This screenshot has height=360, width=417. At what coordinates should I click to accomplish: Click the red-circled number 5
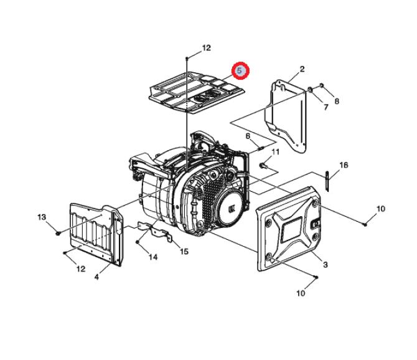[240, 71]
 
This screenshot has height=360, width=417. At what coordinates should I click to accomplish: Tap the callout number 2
[302, 69]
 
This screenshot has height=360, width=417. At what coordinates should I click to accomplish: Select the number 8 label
[337, 102]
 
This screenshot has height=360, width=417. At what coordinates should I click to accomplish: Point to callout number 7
[326, 107]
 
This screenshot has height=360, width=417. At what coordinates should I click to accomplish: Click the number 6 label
[248, 136]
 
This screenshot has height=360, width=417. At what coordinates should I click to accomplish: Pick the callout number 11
[276, 152]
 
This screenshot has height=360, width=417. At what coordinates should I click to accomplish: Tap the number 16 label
[344, 165]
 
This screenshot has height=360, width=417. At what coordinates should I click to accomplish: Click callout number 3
[325, 265]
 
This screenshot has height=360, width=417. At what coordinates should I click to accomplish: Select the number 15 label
[184, 251]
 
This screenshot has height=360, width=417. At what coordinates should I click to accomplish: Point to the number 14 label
[153, 257]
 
